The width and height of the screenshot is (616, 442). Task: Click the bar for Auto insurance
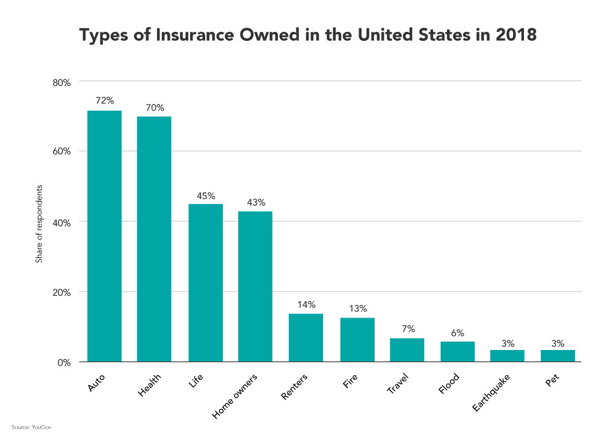(x=104, y=236)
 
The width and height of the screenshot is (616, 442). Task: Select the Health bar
(x=154, y=239)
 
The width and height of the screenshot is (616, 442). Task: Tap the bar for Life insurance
(x=205, y=283)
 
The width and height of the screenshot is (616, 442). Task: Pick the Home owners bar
(x=255, y=286)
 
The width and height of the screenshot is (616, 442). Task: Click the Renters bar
(x=306, y=338)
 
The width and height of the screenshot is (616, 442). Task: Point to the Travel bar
(x=407, y=350)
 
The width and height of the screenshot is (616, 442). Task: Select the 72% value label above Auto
(x=104, y=100)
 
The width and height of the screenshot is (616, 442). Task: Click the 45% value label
(x=205, y=195)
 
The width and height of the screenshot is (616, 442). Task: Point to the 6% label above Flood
(x=457, y=333)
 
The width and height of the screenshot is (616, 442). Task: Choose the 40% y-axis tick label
(x=63, y=222)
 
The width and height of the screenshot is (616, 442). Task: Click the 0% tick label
(x=65, y=363)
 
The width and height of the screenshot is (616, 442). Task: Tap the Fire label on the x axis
(x=350, y=381)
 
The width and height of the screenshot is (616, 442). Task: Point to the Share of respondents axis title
(x=38, y=223)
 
